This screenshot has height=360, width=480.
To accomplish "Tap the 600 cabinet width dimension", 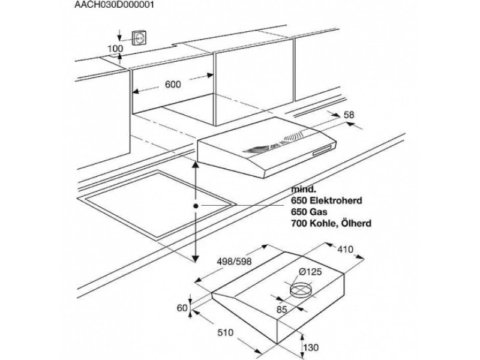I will tap(173, 85).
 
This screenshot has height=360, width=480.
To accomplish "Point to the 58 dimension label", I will tap(347, 115).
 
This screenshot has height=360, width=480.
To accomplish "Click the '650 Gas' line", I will tap(310, 211).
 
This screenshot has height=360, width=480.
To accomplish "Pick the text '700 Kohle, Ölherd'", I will tap(331, 223).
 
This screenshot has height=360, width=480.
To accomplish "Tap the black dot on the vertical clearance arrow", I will tap(196, 205).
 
